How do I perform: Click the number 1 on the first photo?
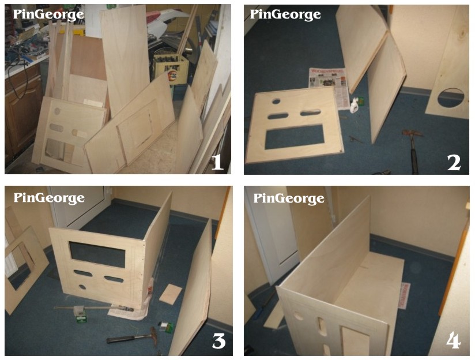pos(217,162)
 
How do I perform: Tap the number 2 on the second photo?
pos(454,163)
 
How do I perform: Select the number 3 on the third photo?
pos(218,341)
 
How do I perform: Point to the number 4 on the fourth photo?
pos(454,340)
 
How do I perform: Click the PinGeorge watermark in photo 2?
pos(285,14)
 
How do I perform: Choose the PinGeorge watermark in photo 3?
pos(49,198)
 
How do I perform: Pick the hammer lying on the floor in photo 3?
pos(133,337)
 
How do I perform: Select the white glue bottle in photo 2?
pos(354,106)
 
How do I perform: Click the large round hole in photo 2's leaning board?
pos(450,97)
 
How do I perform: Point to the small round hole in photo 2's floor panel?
pos(276,101)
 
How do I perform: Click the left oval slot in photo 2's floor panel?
pos(278,116)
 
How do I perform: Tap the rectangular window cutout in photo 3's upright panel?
pos(97,254)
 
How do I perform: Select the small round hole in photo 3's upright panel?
pos(82,287)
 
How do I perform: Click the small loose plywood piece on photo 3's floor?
pos(171,294)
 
